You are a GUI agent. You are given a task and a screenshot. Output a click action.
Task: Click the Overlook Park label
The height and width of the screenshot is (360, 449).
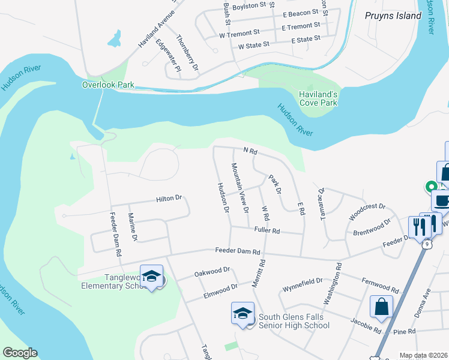[x=108, y=85]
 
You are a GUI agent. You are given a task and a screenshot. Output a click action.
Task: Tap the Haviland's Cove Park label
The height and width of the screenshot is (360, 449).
[x=318, y=98]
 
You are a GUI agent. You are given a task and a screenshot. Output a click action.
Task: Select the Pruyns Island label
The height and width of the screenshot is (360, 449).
[x=393, y=16]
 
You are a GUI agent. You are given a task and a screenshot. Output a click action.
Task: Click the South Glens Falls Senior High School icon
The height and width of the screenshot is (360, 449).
[x=243, y=314]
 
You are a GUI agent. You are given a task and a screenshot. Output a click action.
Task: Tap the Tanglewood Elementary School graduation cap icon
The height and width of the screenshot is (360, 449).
[x=151, y=277]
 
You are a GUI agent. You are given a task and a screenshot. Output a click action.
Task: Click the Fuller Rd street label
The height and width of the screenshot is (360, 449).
[x=267, y=230]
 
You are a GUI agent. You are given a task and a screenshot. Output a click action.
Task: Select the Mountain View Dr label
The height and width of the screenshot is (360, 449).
[x=240, y=188]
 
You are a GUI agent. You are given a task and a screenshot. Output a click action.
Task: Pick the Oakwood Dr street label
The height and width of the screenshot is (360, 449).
[x=212, y=273]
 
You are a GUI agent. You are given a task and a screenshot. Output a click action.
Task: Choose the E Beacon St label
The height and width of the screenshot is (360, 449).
[x=300, y=13]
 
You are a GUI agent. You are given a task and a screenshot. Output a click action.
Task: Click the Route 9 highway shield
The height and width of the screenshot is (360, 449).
[x=426, y=244]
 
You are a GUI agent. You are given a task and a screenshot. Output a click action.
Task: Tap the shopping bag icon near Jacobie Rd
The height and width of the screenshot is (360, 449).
[x=381, y=307]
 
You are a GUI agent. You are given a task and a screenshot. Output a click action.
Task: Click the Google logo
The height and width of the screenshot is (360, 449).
[x=19, y=353]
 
